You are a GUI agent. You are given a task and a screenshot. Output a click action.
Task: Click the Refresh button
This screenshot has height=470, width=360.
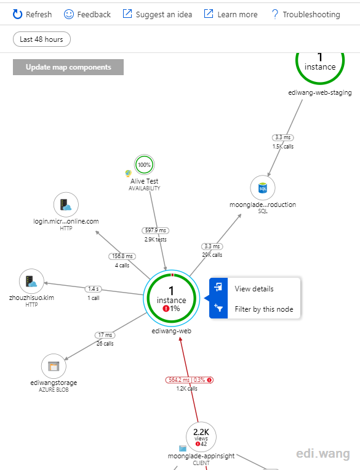pyautogui.click(x=32, y=14)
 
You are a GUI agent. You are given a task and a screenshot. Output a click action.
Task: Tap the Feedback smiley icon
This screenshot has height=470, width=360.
pyautogui.click(x=68, y=14)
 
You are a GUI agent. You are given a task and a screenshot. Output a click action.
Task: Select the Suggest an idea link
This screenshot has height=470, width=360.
pyautogui.click(x=158, y=14)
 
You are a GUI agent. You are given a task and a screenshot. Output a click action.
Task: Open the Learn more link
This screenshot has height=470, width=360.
pyautogui.click(x=231, y=14)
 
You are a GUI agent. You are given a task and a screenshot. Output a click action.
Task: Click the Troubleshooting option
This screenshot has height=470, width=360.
pyautogui.click(x=305, y=14)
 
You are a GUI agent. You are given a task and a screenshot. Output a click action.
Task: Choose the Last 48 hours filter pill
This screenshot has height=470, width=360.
pyautogui.click(x=42, y=39)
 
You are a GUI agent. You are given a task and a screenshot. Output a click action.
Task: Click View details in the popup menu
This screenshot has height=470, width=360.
pyautogui.click(x=254, y=289)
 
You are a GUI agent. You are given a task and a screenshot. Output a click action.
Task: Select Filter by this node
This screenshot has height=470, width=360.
pyautogui.click(x=263, y=309)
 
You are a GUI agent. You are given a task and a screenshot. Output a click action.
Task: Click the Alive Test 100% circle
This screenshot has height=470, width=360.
pyautogui.click(x=144, y=164)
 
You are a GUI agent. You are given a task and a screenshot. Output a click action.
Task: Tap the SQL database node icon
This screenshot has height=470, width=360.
pyautogui.click(x=263, y=188)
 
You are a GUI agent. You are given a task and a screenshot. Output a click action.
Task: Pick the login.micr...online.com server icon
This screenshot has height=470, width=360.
pyautogui.click(x=66, y=205)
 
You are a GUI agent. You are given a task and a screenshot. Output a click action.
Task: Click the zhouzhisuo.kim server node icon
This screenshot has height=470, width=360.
pyautogui.click(x=31, y=281)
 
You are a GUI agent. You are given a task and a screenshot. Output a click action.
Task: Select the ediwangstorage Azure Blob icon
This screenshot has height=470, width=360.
pyautogui.click(x=54, y=367)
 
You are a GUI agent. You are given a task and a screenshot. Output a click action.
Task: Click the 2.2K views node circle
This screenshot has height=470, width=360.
pyautogui.click(x=201, y=437)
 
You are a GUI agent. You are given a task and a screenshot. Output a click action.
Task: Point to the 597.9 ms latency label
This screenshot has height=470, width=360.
pyautogui.click(x=156, y=230)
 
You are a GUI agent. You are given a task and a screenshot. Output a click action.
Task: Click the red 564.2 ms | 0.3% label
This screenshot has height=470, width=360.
pyautogui.click(x=190, y=380)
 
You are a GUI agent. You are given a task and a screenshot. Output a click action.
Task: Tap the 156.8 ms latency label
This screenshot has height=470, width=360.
pyautogui.click(x=122, y=256)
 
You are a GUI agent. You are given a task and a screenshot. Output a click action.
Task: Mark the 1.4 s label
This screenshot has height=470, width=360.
pyautogui.click(x=94, y=289)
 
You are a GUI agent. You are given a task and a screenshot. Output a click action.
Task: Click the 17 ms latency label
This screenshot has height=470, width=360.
pyautogui.click(x=105, y=335)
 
